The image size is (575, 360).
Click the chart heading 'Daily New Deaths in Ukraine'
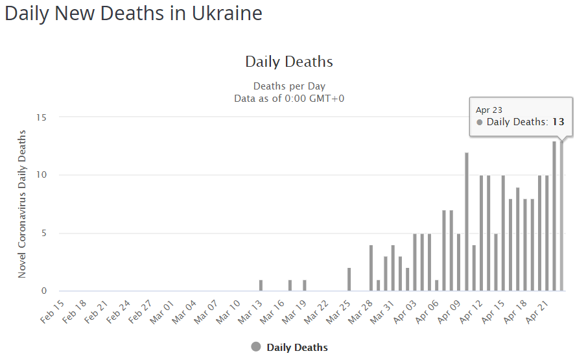pos(134,14)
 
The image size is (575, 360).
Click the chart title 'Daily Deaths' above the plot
pos(288,62)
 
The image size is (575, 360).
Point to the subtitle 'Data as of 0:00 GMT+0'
pos(288,98)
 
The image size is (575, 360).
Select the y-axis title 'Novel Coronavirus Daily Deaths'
pos(22,204)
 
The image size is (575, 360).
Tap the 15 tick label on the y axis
pos(41,117)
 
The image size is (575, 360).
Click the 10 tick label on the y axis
pos(41,175)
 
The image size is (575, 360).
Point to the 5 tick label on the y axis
pos(44,233)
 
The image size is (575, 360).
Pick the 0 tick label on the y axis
pos(44,291)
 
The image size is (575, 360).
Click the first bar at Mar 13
pos(261,285)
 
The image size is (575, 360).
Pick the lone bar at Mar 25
pos(349,280)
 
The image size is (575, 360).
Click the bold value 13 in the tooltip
pos(558,122)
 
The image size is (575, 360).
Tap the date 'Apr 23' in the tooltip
pos(489,110)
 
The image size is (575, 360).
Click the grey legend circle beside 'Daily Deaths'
pos(255,347)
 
